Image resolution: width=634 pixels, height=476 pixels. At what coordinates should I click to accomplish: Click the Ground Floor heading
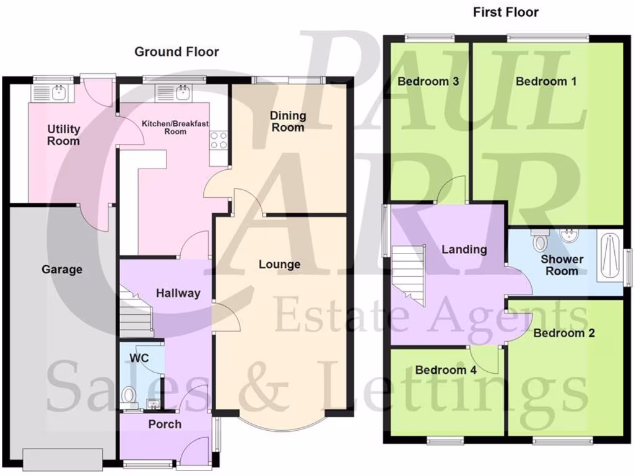tap(176, 52)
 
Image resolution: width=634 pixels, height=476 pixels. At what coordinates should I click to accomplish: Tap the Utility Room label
tap(64, 135)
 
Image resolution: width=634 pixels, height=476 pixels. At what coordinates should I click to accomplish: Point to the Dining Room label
tap(288, 121)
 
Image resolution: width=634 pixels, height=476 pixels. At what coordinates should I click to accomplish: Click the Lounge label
tap(279, 265)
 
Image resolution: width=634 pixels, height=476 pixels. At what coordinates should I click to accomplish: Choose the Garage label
tap(62, 270)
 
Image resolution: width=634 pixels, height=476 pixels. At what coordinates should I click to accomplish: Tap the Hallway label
tap(178, 293)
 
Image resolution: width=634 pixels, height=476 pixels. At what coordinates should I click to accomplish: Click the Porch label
tap(165, 424)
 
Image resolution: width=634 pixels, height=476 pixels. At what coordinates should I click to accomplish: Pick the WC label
tap(139, 358)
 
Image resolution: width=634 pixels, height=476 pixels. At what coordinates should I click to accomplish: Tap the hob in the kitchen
tap(219, 141)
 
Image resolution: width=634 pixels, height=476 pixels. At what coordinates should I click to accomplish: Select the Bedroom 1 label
tap(542, 81)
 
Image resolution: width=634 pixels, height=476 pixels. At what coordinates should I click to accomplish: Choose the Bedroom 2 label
tap(564, 333)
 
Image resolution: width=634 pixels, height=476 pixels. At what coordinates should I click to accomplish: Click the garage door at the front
tap(63, 460)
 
